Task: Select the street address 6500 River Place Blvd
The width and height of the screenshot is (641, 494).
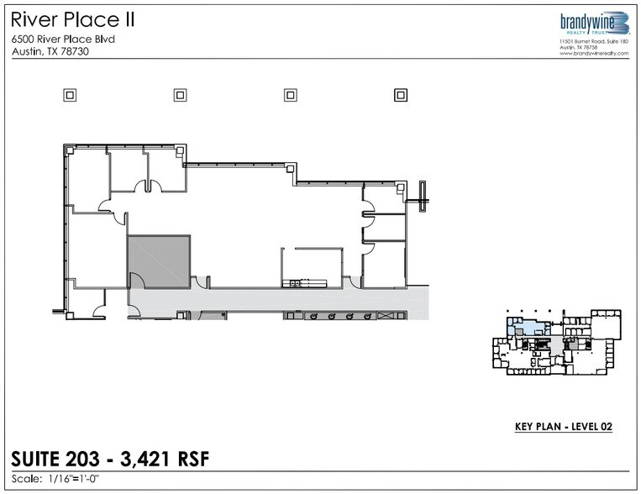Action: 63,39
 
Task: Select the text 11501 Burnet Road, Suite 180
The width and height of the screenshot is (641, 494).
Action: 593,41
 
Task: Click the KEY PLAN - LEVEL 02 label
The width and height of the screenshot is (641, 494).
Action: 563,427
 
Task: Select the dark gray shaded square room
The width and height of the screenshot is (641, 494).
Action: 158,262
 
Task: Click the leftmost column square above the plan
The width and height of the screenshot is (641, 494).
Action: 70,95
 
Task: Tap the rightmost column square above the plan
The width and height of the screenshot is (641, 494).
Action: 400,95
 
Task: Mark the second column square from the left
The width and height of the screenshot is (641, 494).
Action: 180,95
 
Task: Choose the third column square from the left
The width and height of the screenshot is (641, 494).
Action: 290,95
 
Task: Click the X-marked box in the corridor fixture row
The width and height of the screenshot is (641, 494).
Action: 387,316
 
